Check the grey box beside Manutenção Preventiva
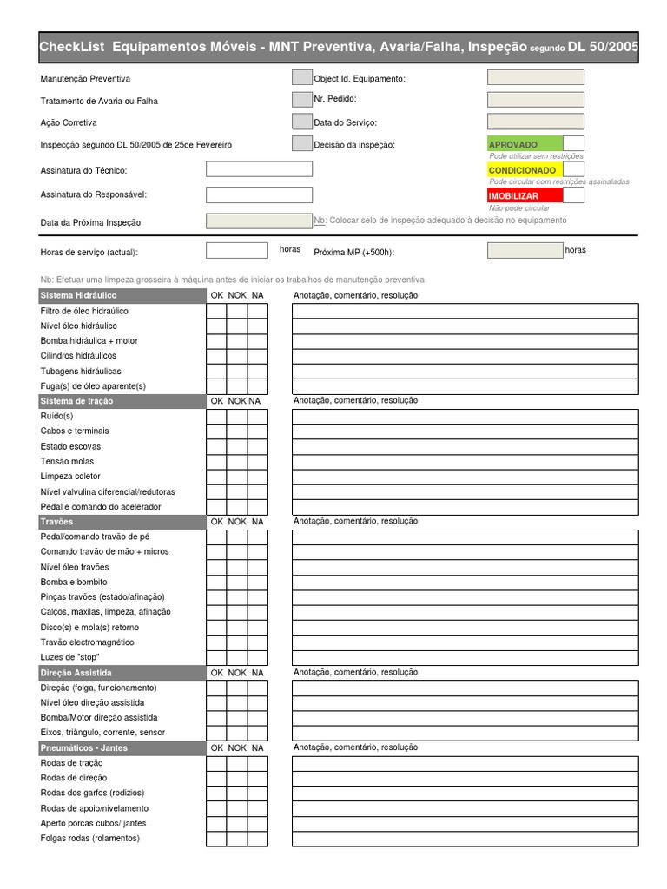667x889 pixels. click(301, 77)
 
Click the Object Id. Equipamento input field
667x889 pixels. click(535, 77)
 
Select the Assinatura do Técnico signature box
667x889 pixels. click(258, 169)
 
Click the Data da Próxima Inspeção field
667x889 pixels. click(258, 221)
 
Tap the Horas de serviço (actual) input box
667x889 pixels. click(236, 251)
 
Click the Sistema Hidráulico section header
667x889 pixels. click(120, 296)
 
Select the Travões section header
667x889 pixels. click(120, 522)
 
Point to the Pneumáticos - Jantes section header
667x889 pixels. click(120, 747)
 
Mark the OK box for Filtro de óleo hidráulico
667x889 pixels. click(216, 311)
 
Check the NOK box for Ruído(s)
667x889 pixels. click(237, 416)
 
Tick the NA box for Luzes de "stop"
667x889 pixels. click(258, 657)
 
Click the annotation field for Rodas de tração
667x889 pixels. click(465, 763)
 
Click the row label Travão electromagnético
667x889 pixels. click(87, 642)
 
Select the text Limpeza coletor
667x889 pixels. click(70, 477)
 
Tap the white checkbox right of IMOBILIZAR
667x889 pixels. click(573, 196)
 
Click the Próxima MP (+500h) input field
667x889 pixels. click(525, 251)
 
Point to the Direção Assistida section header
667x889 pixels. click(120, 673)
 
